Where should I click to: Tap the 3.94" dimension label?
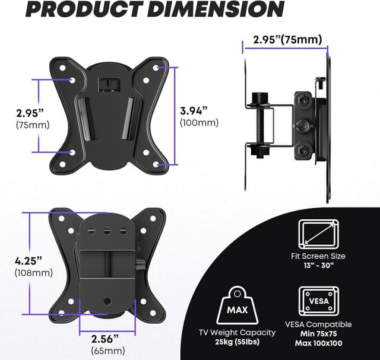pyautogui.click(x=194, y=110)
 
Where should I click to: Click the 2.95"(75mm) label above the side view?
pyautogui.click(x=287, y=40)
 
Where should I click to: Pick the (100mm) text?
pyautogui.click(x=198, y=123)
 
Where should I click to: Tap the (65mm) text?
pyautogui.click(x=106, y=350)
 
